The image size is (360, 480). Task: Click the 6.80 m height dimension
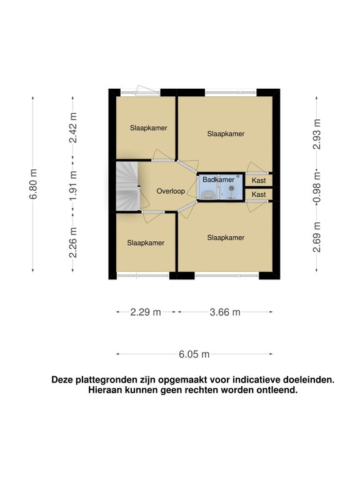32,184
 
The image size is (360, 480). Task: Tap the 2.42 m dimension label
73,127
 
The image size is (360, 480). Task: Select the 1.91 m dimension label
73,186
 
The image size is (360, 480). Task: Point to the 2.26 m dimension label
73,242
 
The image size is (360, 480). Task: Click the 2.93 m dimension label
316,134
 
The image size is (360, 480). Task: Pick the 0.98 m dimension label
316,187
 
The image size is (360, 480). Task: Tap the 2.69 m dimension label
316,237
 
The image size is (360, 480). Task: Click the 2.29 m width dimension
146,312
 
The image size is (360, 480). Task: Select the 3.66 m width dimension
225,312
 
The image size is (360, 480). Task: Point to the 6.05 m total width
194,354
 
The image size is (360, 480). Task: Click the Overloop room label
171,191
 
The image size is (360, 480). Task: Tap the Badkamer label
218,180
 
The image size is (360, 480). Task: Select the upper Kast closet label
259,181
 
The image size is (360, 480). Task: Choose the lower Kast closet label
259,194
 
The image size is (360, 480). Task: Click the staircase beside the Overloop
127,186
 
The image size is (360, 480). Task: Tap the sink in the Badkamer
208,195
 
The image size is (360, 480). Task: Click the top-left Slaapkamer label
149,128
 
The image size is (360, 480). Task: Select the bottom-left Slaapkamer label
146,243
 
